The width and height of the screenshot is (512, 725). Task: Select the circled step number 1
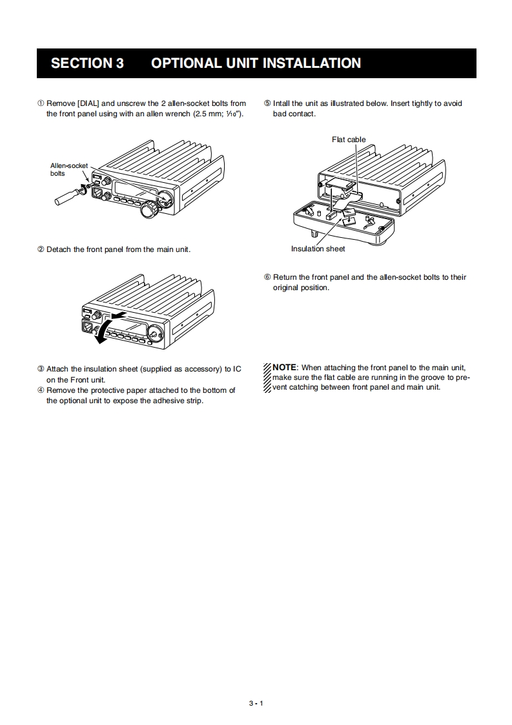[x=41, y=103]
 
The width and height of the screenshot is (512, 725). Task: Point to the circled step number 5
[x=267, y=103]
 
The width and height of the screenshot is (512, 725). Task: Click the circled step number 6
[x=267, y=277]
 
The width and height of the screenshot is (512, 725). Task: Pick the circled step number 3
[x=41, y=370]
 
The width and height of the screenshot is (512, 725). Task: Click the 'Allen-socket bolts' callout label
[x=68, y=169]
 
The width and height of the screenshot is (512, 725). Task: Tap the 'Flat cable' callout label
[x=349, y=140]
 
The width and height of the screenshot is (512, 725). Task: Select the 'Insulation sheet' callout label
[x=318, y=249]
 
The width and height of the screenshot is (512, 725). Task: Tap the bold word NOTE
[x=285, y=368]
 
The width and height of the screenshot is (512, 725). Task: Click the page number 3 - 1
[x=256, y=703]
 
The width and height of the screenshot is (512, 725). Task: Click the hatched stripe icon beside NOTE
[x=267, y=378]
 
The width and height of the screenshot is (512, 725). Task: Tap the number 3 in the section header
[x=119, y=63]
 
